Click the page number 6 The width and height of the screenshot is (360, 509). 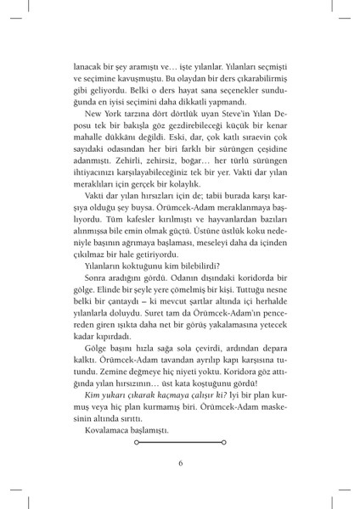(180, 462)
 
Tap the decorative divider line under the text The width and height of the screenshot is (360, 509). (180, 441)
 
